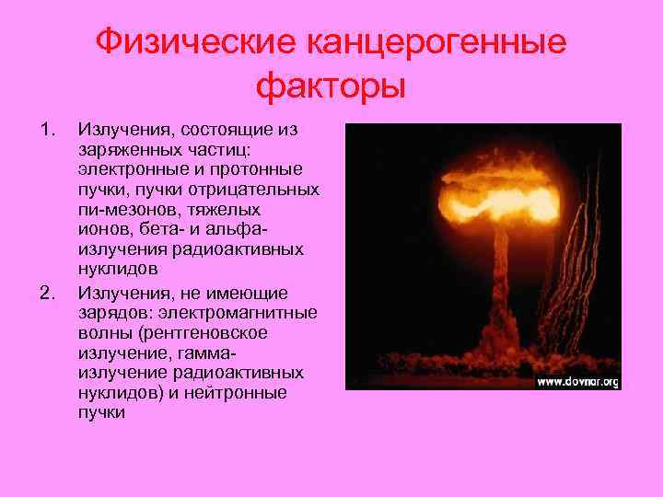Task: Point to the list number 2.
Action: pos(48,294)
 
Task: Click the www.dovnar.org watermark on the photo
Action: pos(576,380)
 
